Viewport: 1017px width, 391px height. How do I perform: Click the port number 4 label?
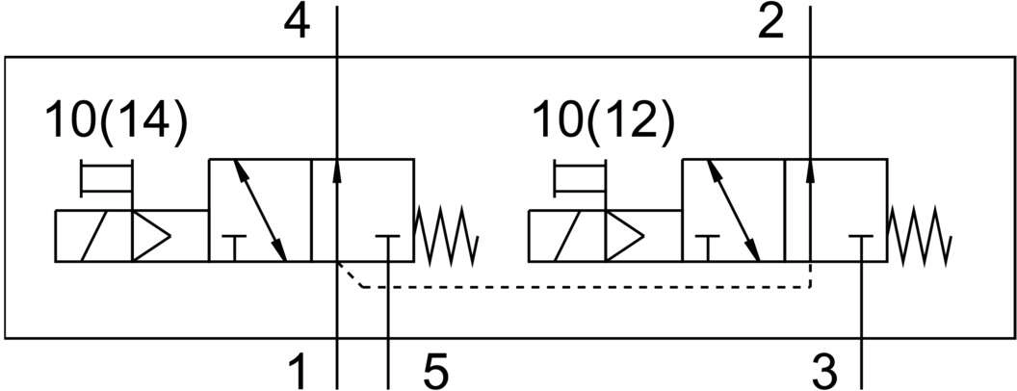pos(297,24)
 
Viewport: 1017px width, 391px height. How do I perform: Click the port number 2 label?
pos(771,23)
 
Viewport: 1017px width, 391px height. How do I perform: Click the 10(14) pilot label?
pos(117,121)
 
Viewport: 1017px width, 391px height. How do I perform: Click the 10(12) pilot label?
pos(603,121)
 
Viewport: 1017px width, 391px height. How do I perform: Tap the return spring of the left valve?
pos(447,235)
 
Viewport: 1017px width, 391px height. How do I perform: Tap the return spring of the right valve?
pos(921,235)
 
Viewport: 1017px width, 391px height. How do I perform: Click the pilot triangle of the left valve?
pos(150,236)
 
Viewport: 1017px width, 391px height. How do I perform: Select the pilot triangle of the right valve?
pos(624,236)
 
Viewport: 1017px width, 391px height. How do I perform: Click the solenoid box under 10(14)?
pos(93,236)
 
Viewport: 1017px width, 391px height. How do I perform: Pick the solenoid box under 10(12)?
pos(567,236)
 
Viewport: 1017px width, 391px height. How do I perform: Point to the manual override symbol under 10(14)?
pos(106,178)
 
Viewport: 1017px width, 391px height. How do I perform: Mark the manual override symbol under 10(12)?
pos(580,178)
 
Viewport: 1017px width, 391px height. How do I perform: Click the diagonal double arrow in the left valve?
pos(259,210)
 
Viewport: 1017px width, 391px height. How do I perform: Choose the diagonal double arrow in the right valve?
pos(733,210)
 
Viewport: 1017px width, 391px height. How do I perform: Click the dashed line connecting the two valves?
pos(584,287)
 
